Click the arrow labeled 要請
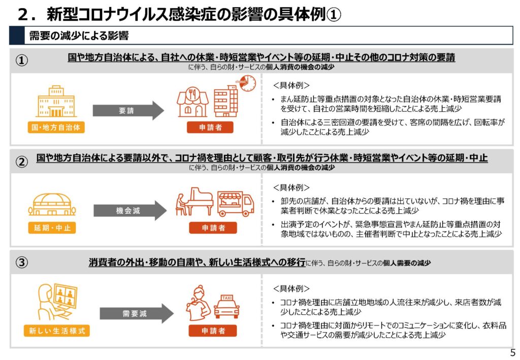pos(128,110)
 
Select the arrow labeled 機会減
pos(129,211)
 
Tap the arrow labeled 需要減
pos(136,313)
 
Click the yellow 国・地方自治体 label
pos(56,127)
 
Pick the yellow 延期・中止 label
pos(52,228)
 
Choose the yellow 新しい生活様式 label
pos(57,331)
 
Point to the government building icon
pos(56,102)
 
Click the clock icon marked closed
pos(247,83)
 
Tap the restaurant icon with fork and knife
pos(192,102)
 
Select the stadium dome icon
pos(52,205)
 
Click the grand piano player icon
pos(194,202)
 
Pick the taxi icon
pos(227,307)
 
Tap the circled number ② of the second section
pos(22,161)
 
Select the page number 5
pos(513,353)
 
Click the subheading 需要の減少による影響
pos(79,36)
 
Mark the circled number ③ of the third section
pos(22,263)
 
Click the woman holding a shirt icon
pos(199,303)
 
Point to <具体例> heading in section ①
pos(291,85)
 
